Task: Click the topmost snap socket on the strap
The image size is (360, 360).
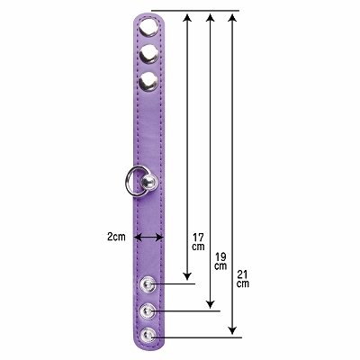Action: [x=148, y=27]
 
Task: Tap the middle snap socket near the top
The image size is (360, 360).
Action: [x=148, y=54]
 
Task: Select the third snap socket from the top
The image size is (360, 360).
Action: [x=148, y=82]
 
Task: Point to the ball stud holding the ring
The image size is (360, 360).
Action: [x=148, y=182]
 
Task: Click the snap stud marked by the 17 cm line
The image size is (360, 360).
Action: [x=148, y=283]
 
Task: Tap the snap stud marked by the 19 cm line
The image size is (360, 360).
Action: [x=148, y=310]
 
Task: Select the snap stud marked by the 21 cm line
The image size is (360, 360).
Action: [x=148, y=336]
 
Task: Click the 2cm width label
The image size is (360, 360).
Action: [x=116, y=237]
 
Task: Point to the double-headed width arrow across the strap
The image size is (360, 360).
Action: [x=149, y=238]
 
